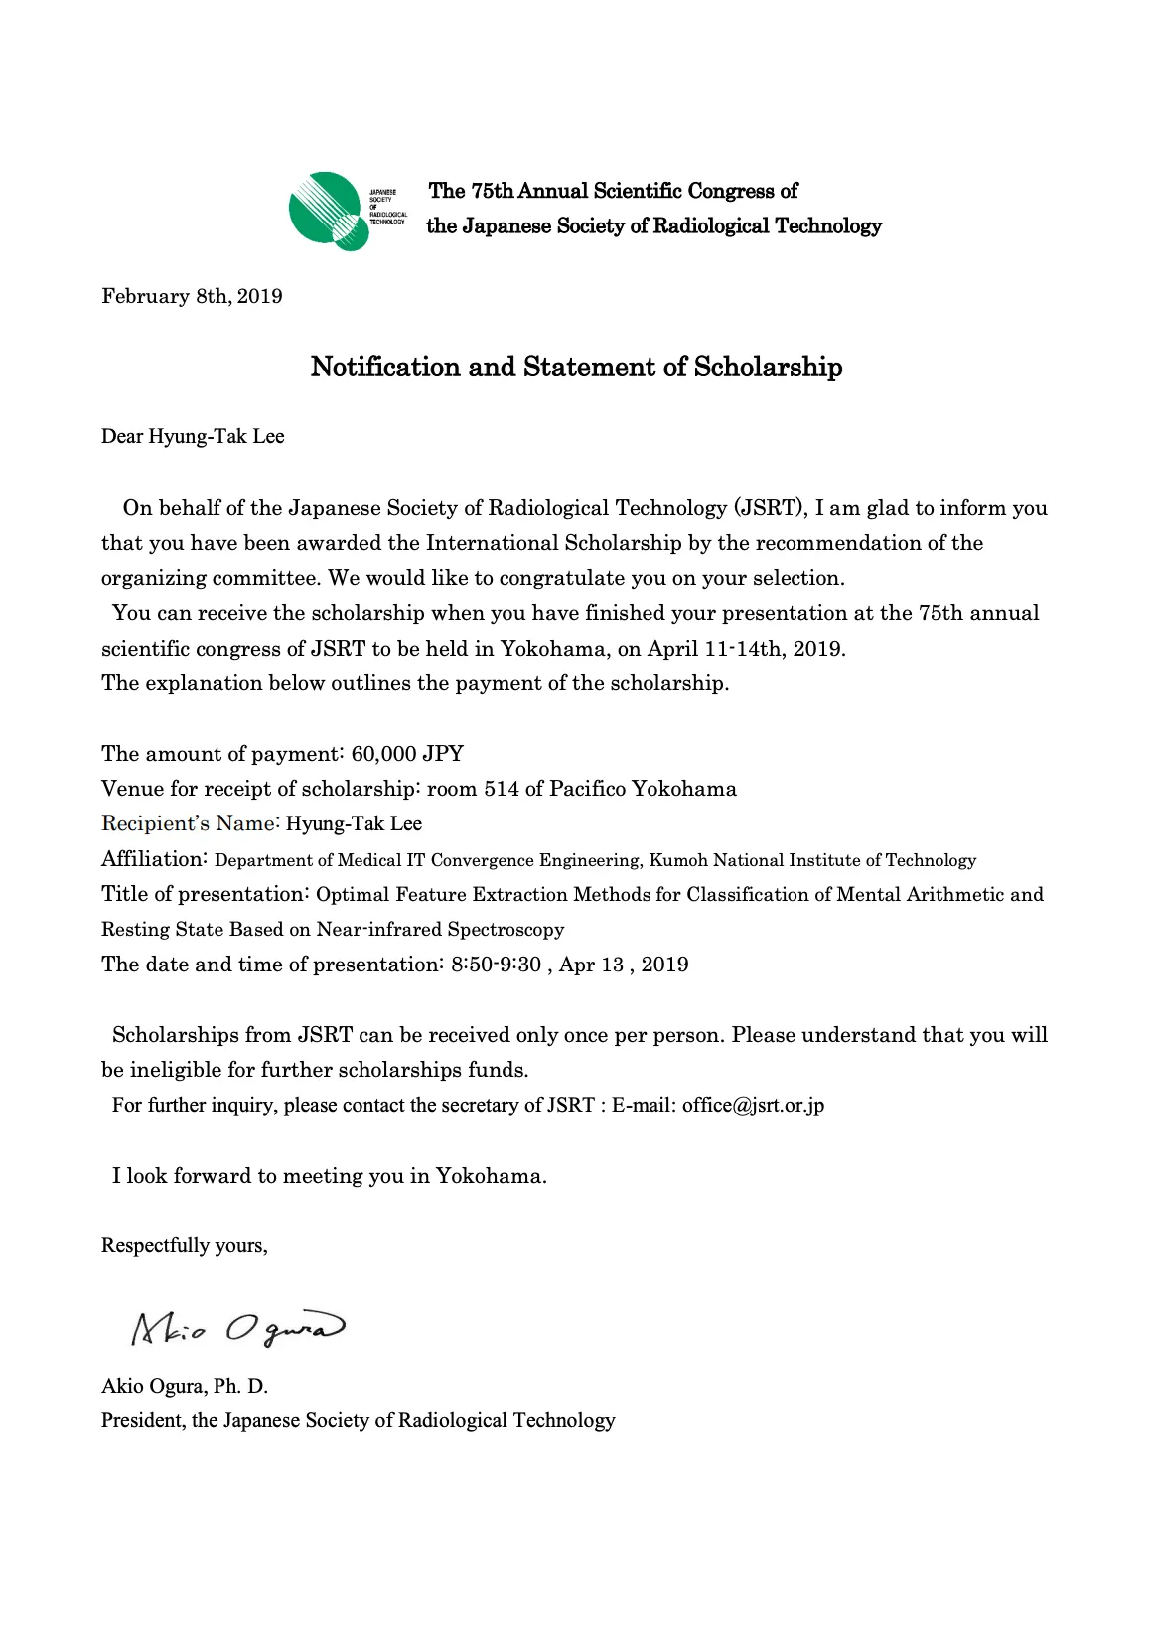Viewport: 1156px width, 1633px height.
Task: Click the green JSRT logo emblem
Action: pos(326,211)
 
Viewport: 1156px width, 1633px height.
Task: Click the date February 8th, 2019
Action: pos(192,296)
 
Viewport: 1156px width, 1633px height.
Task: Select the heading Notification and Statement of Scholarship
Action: pos(576,367)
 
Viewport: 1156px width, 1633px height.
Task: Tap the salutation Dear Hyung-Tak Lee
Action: pos(193,436)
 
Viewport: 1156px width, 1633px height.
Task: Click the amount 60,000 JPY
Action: pos(407,753)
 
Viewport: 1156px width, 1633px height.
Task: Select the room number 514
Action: pos(501,789)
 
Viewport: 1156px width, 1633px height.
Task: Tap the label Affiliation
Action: pos(154,859)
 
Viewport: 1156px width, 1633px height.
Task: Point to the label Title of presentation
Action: pos(205,894)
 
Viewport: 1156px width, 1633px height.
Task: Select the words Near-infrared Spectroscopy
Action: pos(440,930)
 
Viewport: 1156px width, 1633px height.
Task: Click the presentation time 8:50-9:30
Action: pos(496,965)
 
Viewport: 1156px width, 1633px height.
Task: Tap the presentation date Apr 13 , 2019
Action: pos(624,965)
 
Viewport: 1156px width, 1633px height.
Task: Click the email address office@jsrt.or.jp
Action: pos(753,1105)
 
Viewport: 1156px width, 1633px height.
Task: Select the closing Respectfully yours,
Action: pos(185,1245)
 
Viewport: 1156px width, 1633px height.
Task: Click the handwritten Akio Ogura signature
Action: pos(237,1329)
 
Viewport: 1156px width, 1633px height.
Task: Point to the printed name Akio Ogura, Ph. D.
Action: pos(185,1386)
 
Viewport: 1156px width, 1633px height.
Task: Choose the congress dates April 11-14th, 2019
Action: pos(746,649)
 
